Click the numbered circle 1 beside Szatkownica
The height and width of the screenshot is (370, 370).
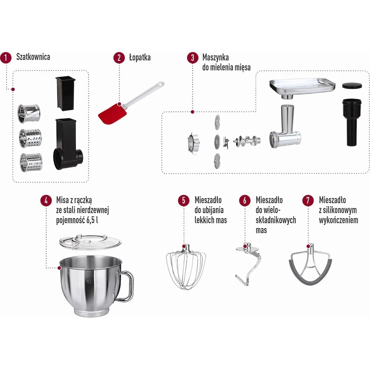6,58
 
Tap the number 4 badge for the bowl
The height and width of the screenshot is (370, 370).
46,201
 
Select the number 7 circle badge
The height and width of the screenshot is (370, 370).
308,201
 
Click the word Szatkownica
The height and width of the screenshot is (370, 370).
33,57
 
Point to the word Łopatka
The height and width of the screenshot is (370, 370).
140,57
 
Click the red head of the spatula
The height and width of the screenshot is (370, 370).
112,113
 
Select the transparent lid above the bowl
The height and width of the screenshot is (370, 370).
90,242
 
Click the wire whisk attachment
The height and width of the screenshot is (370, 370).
186,267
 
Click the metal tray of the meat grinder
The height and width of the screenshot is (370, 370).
303,88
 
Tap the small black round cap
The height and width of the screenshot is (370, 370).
352,85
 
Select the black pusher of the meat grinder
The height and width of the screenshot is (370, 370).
351,122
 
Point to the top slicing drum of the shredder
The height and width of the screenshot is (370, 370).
29,114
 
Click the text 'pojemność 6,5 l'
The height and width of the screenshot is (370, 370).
77,220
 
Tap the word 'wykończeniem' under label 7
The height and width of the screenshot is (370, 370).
339,220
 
